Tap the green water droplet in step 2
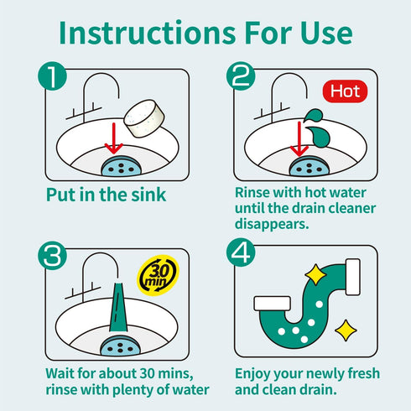(313, 117)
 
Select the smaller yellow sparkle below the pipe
(345, 330)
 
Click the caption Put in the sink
(106, 195)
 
